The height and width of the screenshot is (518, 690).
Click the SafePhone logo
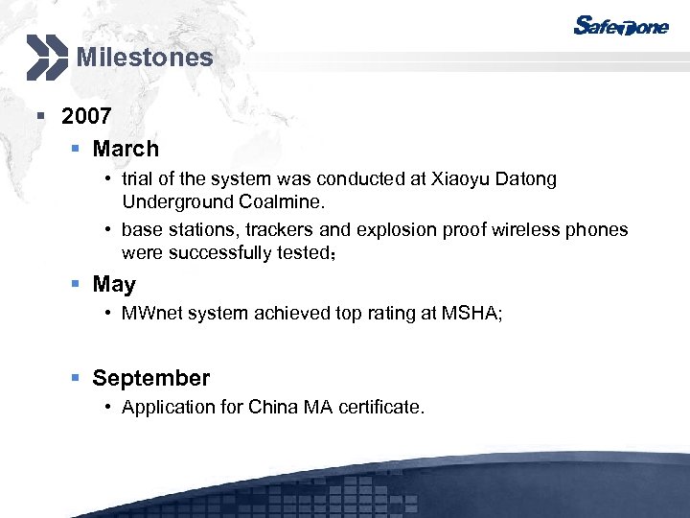[620, 26]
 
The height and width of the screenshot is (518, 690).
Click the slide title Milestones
[145, 58]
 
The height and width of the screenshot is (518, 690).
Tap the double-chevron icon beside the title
[47, 57]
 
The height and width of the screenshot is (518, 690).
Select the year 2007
[86, 117]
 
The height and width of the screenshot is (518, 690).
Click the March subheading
[126, 149]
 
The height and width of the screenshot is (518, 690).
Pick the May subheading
[114, 285]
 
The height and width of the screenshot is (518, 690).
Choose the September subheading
[150, 378]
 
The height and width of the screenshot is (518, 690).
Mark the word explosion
[399, 230]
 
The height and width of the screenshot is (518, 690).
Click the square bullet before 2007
[40, 117]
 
